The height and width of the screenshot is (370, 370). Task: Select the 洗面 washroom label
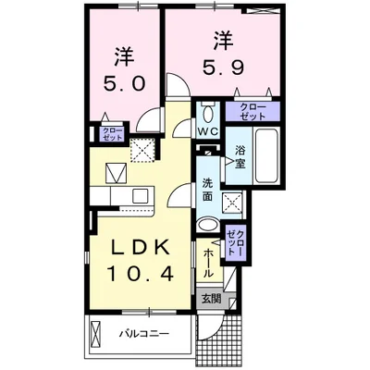pos(207,191)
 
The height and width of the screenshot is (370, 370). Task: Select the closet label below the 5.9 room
pos(253,113)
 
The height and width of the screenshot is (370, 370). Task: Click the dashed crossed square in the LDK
pos(143,148)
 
